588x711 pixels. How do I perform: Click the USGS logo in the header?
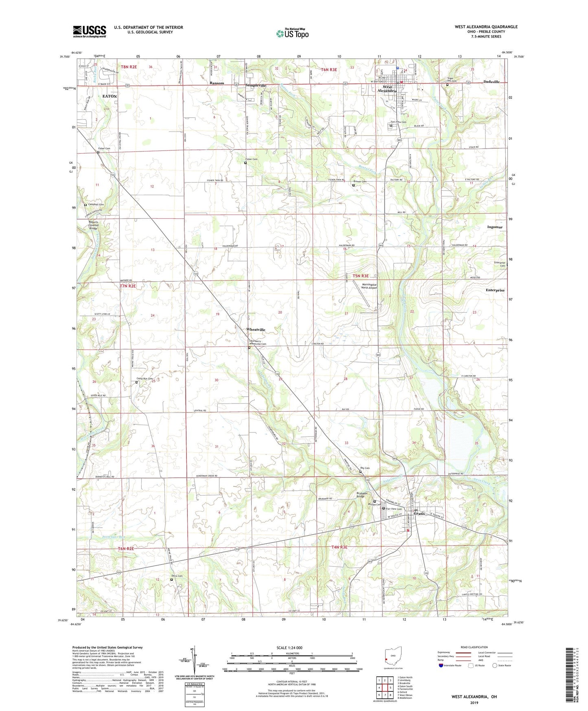pos(90,31)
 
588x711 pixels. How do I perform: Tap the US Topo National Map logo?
pos(292,33)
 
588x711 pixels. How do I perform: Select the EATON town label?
pos(109,97)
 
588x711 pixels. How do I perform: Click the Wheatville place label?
pos(256,330)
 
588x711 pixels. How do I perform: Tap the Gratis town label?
pos(419,513)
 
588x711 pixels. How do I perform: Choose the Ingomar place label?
pos(494,227)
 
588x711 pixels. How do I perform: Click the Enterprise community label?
pos(495,290)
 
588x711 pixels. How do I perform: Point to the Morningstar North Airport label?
pos(369,286)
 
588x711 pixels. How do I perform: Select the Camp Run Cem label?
pos(144,379)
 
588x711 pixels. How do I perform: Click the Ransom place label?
pos(217,83)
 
